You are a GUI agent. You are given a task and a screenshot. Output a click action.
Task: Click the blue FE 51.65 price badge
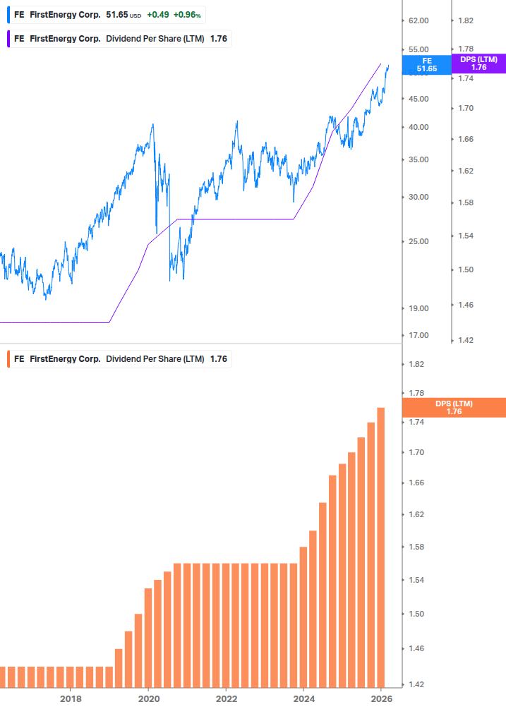click(427, 65)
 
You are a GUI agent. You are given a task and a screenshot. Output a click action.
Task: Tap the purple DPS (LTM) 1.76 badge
click(479, 63)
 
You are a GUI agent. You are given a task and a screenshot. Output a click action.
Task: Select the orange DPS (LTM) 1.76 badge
click(454, 407)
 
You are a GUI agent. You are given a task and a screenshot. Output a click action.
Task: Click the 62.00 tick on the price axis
click(418, 20)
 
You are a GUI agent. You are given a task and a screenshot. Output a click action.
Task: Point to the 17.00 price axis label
click(418, 335)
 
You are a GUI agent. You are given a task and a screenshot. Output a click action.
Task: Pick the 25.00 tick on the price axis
click(418, 241)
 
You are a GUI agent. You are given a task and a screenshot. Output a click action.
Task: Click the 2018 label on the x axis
click(71, 698)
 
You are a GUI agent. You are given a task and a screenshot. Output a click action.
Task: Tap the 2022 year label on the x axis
click(226, 698)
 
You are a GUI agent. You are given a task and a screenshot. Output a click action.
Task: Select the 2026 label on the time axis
click(381, 698)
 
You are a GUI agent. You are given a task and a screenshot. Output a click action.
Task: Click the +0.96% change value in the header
click(187, 15)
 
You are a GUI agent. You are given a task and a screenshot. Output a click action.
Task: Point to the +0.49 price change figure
click(157, 15)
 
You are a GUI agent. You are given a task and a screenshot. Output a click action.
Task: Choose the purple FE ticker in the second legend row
click(19, 39)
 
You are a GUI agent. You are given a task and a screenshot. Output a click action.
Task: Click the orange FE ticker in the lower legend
click(19, 359)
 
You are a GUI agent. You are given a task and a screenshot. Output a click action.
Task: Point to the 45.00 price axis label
click(418, 99)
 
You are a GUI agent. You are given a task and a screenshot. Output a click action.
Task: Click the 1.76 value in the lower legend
click(219, 359)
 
